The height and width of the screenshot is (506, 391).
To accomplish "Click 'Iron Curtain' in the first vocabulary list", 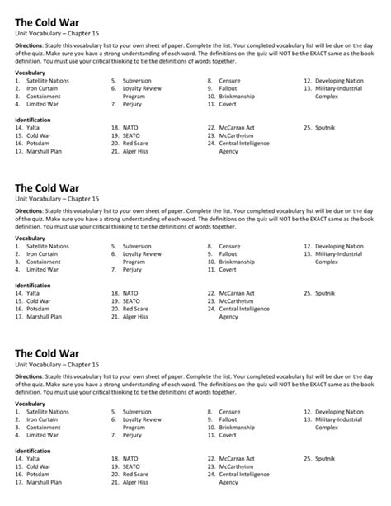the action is (42, 88).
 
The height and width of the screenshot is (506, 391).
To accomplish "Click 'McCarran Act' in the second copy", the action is (237, 293).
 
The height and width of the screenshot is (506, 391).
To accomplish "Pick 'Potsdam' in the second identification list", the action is (38, 309).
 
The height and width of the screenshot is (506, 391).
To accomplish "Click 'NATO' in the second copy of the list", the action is (130, 293).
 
